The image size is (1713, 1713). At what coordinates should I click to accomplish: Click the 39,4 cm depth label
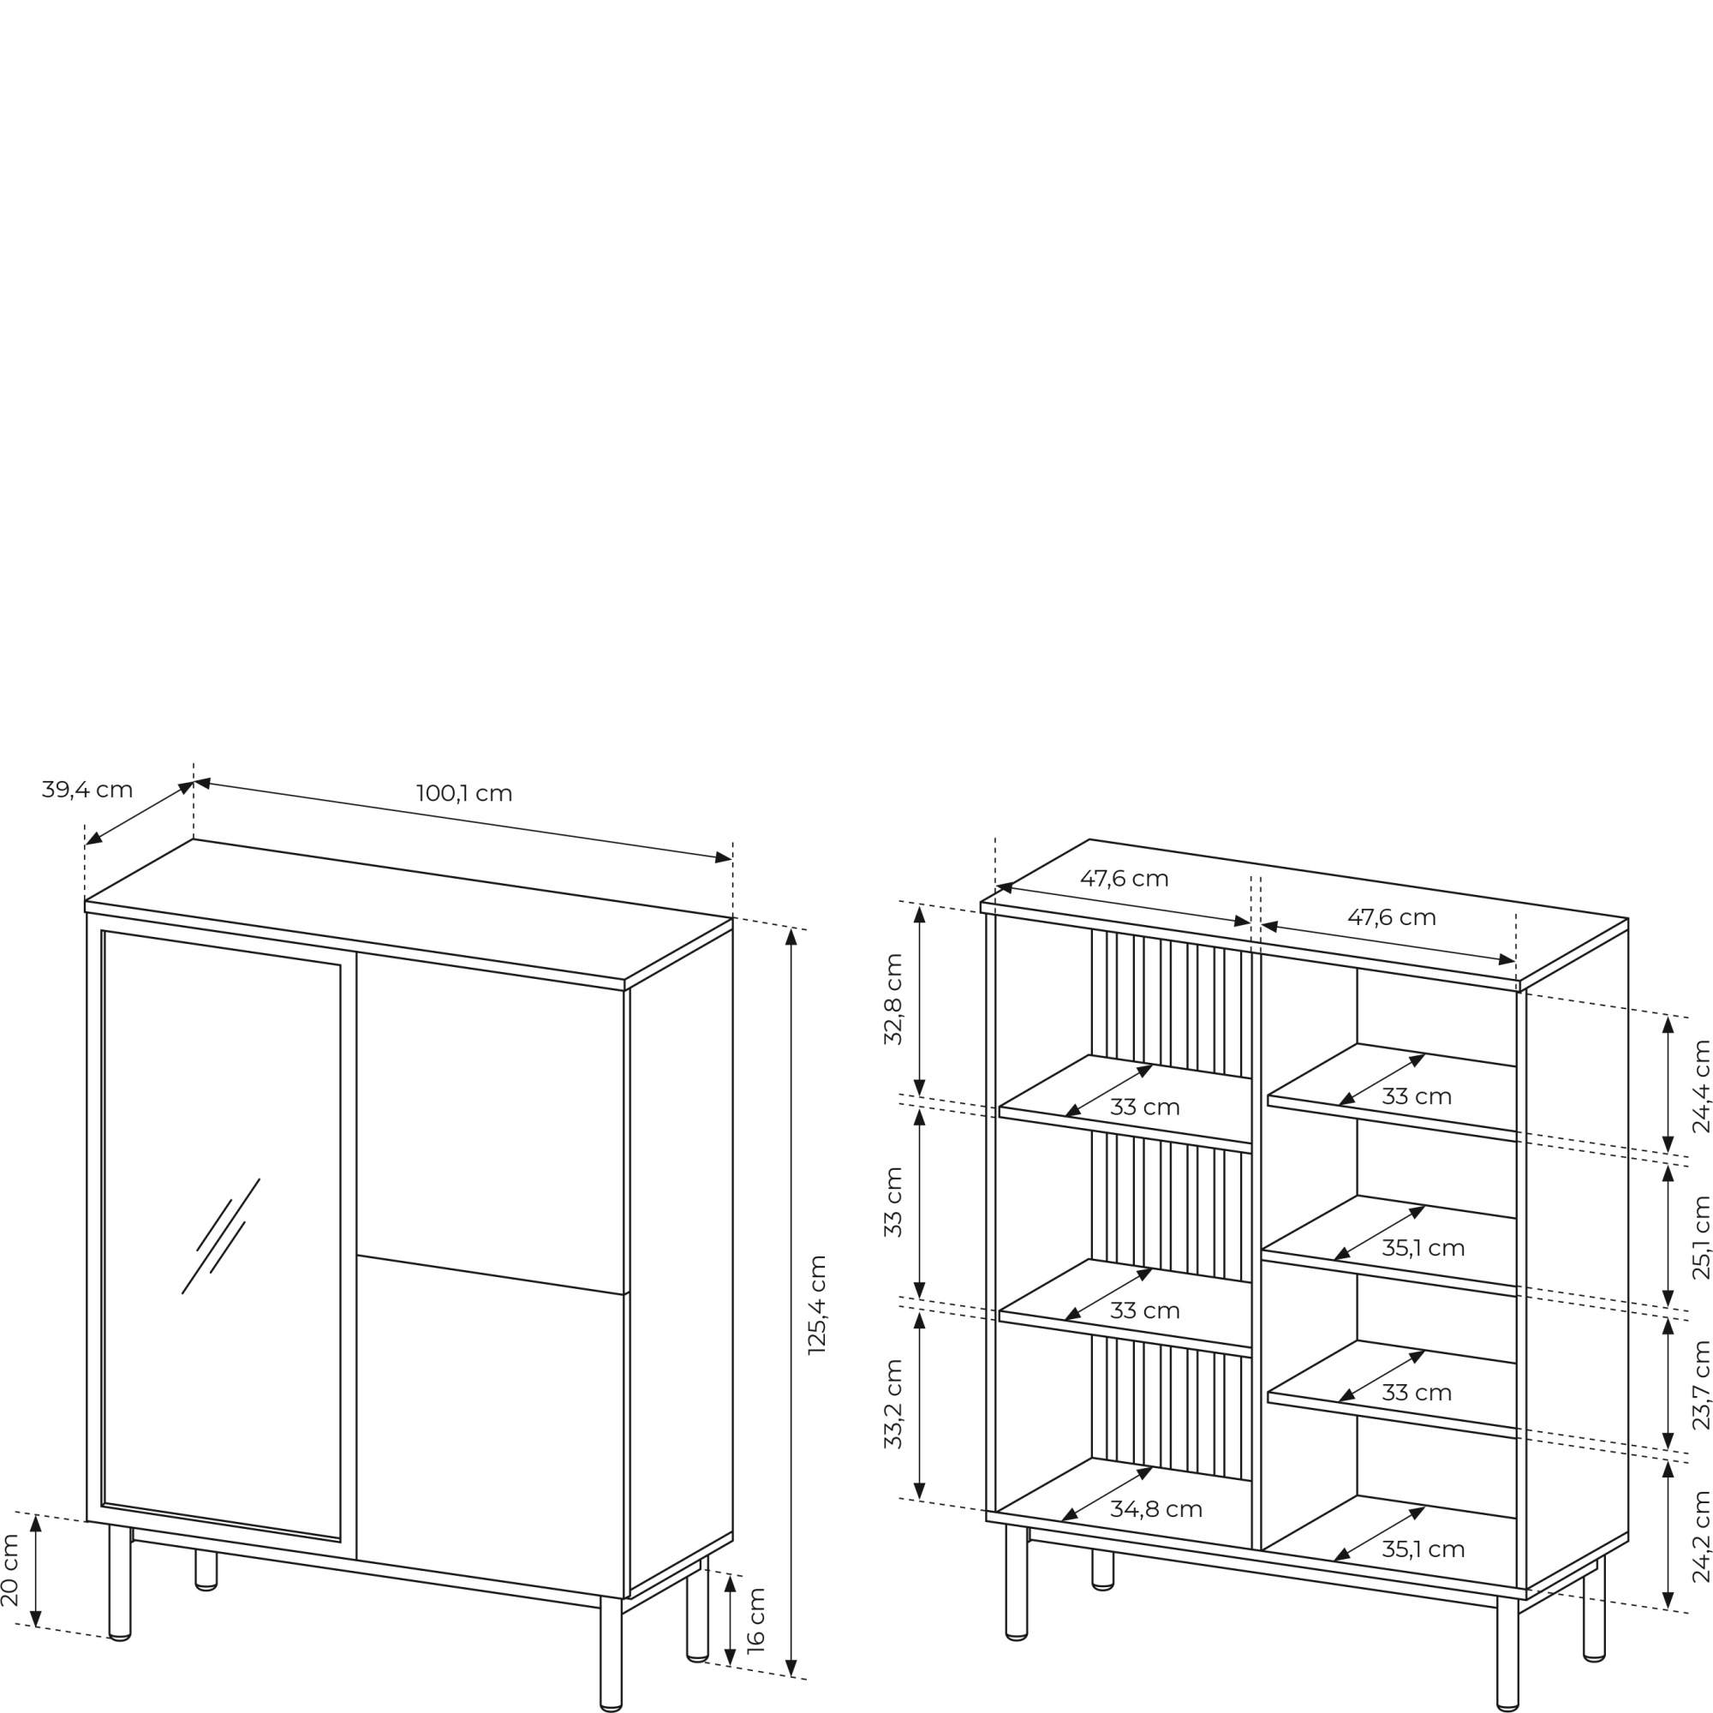87,789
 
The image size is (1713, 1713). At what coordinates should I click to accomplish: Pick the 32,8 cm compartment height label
892,1000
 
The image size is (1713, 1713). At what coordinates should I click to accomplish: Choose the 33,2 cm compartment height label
892,1405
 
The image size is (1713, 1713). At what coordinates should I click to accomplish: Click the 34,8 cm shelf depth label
1156,1509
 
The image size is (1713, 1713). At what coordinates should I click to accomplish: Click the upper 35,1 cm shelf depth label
1423,1249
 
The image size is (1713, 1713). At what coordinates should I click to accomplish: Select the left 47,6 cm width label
1125,879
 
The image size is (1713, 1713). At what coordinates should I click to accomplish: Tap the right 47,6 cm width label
1392,917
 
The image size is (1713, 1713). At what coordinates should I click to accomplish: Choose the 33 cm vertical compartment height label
892,1203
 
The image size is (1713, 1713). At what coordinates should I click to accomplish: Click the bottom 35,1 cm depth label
1423,1549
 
